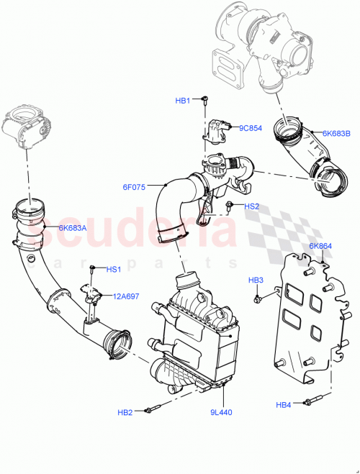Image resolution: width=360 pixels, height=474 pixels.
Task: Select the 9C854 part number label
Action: coord(249,128)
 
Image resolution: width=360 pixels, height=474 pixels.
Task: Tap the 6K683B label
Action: coord(336,133)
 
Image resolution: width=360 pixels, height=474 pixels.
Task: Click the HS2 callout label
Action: coord(251,206)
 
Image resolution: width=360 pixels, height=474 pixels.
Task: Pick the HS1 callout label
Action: coord(114,270)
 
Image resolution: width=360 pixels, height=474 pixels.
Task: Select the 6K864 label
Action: coord(320,246)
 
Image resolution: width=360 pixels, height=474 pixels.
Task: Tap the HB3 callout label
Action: coord(256,279)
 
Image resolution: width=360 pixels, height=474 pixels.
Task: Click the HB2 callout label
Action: coord(126,412)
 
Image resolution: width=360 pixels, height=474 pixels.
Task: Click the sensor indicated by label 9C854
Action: coord(217,130)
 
